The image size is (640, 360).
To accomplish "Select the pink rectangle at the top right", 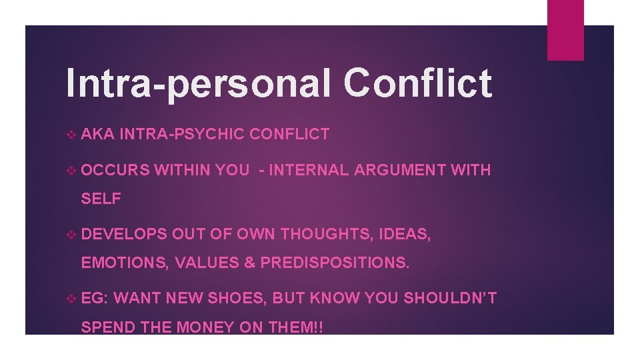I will click(565, 30).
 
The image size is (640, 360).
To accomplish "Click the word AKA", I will click(97, 134).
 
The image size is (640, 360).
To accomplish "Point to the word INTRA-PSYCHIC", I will click(182, 134).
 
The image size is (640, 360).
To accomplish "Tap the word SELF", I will click(101, 198).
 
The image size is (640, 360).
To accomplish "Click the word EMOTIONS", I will click(123, 262).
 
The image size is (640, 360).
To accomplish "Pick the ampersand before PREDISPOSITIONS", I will click(249, 262).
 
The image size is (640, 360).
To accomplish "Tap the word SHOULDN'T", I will click(449, 298).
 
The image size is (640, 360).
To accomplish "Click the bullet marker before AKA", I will click(72, 134).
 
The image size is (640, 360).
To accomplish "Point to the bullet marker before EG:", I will click(72, 298).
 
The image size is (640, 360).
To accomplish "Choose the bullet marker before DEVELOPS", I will click(72, 234).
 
